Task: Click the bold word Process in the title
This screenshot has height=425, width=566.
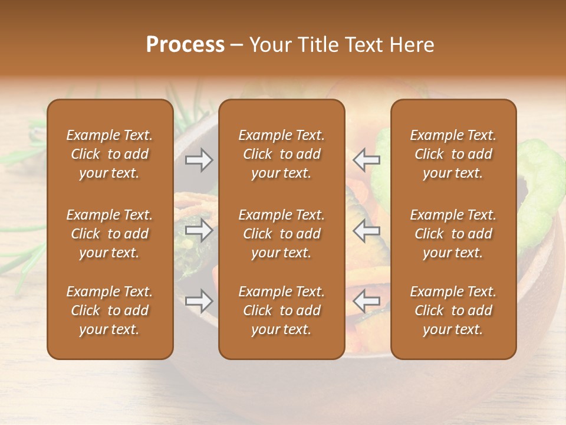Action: tap(185, 44)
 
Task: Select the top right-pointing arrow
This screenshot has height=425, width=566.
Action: tap(199, 159)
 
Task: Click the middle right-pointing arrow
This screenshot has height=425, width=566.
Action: tap(199, 230)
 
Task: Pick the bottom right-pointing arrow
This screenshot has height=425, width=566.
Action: tap(199, 301)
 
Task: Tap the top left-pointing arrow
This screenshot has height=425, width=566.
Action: tap(367, 159)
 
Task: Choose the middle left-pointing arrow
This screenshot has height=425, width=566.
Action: tap(367, 230)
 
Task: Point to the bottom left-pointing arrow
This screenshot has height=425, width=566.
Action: tap(367, 301)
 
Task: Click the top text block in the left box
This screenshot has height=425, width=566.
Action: tap(110, 154)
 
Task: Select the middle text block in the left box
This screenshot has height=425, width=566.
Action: tap(110, 234)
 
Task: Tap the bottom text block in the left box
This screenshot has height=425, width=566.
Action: tap(110, 310)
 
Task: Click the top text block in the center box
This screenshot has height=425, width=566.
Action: tap(282, 154)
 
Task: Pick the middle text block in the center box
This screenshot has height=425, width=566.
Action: tap(282, 234)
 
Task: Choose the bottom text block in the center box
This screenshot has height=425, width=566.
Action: tap(282, 310)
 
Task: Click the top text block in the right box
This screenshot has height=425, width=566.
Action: tap(453, 154)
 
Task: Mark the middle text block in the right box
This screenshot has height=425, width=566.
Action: tap(453, 234)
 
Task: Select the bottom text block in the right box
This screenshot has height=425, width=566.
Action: tap(453, 310)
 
